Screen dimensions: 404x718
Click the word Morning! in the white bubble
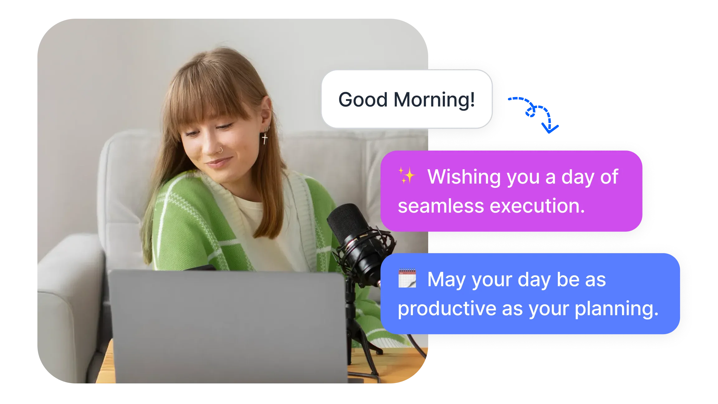434,100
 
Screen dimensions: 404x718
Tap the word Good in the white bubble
363,100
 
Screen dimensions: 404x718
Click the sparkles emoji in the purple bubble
407,176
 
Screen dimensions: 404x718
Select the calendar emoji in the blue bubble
407,278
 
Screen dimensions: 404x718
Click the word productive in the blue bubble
447,309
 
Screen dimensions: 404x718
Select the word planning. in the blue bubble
616,309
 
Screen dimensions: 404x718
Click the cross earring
265,138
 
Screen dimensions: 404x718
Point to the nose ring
221,150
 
